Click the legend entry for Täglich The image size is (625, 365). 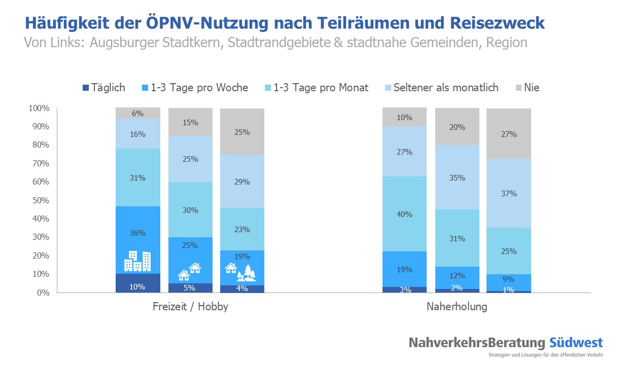tap(103, 88)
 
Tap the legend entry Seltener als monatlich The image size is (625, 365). tap(441, 88)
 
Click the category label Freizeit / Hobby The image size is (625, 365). tap(190, 307)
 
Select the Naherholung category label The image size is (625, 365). tap(457, 307)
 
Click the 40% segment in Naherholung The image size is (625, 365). tap(404, 214)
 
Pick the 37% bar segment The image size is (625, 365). tap(509, 193)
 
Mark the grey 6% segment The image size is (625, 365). tap(138, 114)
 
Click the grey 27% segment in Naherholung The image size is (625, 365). tap(509, 134)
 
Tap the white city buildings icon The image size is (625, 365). tap(138, 261)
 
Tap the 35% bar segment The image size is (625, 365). tap(457, 177)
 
